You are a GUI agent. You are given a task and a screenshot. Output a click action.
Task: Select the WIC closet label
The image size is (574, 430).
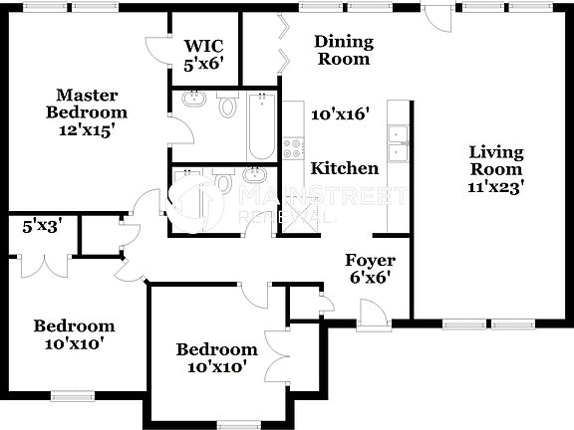(203, 46)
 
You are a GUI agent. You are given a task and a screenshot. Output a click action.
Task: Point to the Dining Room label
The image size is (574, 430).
(343, 50)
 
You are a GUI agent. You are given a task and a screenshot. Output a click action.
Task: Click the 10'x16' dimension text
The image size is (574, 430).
(340, 114)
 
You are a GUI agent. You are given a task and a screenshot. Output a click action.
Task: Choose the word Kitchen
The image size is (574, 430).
(345, 168)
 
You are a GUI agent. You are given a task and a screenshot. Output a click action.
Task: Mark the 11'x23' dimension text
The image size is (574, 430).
(495, 184)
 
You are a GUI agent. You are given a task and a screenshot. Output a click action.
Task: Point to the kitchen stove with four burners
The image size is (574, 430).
(294, 149)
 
